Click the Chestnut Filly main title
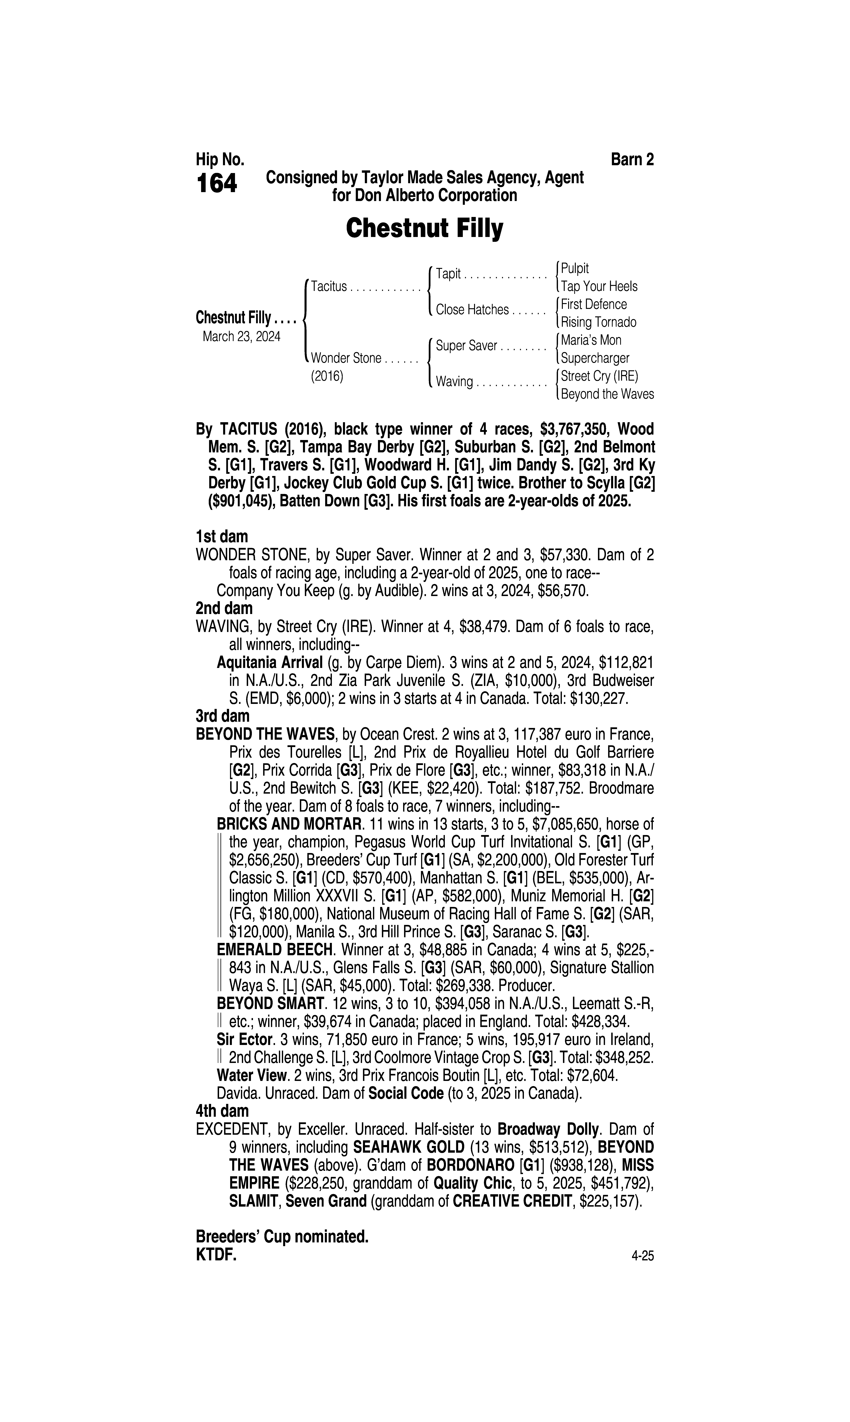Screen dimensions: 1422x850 (424, 229)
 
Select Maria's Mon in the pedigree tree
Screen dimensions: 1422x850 (590, 340)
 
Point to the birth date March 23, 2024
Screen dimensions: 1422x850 (241, 336)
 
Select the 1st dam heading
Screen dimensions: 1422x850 (222, 537)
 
